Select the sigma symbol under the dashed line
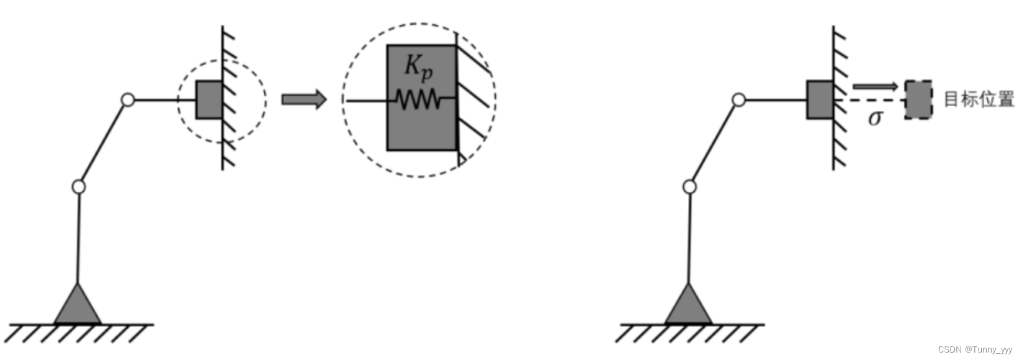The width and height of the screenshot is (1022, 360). click(x=875, y=117)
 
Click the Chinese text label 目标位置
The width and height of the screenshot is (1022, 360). click(x=979, y=99)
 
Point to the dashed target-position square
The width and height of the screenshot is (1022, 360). click(x=918, y=99)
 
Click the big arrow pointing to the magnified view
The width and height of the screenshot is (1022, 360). click(x=303, y=99)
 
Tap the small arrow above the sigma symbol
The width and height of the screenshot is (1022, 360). click(x=875, y=86)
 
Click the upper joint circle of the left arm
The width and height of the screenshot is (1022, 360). click(x=127, y=99)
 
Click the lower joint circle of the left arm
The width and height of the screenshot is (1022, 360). click(x=78, y=186)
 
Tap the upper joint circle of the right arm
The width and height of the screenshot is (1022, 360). click(x=738, y=99)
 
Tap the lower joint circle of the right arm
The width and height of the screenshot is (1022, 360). click(x=689, y=186)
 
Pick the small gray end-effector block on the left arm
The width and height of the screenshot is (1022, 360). click(x=209, y=99)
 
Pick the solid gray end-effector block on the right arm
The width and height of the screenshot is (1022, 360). click(x=820, y=99)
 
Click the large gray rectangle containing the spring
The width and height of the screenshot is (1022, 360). click(x=422, y=130)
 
